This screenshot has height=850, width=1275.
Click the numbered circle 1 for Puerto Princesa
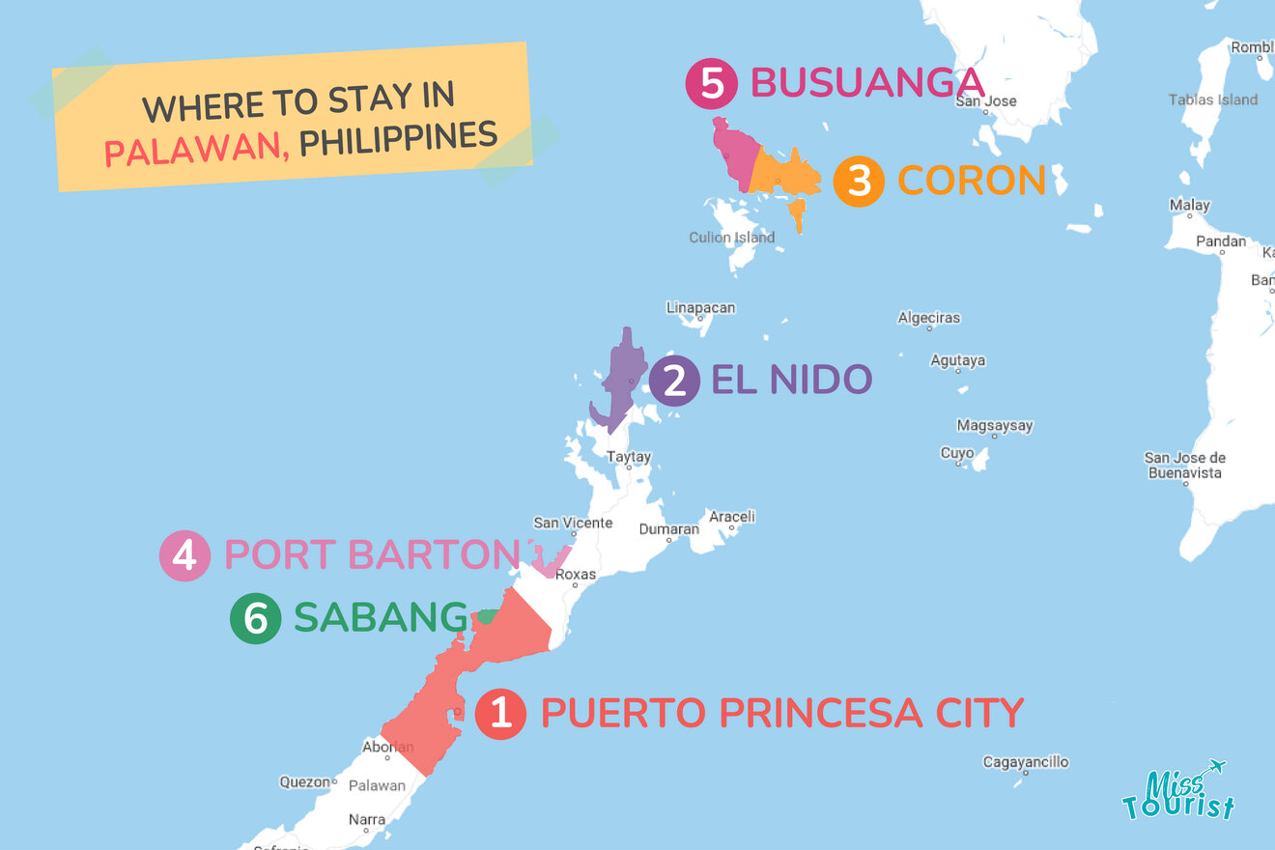click(500, 714)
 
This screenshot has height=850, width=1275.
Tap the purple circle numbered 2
click(673, 381)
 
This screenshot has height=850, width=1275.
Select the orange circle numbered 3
click(860, 181)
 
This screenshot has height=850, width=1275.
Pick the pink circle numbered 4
click(185, 555)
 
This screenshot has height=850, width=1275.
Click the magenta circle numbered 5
click(711, 83)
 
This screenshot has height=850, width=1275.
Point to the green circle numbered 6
click(255, 618)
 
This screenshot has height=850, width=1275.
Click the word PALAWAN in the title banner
click(193, 150)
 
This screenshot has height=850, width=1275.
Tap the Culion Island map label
click(731, 238)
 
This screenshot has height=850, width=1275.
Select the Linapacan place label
click(700, 308)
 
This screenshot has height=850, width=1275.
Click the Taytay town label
click(628, 457)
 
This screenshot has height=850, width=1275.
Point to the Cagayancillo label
click(1026, 762)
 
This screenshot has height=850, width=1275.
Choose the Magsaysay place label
click(995, 426)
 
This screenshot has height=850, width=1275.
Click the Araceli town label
click(732, 517)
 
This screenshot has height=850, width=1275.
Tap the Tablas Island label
click(1213, 99)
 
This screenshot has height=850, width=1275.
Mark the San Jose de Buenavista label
click(1184, 466)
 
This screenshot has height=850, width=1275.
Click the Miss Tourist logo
click(1178, 792)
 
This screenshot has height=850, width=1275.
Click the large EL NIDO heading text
click(792, 380)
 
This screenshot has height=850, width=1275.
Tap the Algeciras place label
click(929, 318)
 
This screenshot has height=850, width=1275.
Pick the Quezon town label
click(304, 782)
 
